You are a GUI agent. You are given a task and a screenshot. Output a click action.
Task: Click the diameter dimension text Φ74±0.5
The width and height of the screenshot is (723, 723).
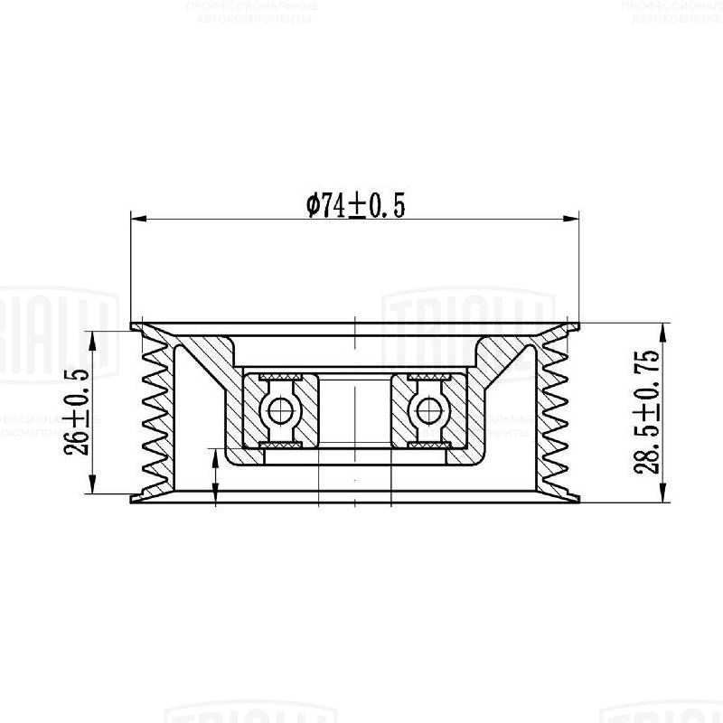(x=355, y=206)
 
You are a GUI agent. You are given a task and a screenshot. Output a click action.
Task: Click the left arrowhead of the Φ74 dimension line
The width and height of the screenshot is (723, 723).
(x=138, y=217)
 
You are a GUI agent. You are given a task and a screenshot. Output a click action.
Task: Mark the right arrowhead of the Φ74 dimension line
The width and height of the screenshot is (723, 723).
(x=570, y=217)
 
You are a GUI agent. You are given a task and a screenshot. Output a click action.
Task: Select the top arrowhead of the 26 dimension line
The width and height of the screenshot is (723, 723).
(x=93, y=336)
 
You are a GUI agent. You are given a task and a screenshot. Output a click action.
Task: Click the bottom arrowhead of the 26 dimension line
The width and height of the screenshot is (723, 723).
(x=93, y=489)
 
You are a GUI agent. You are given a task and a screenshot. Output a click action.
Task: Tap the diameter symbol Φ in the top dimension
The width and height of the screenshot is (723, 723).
(x=314, y=206)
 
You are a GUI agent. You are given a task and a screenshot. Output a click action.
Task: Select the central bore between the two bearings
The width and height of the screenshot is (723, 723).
(x=355, y=411)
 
